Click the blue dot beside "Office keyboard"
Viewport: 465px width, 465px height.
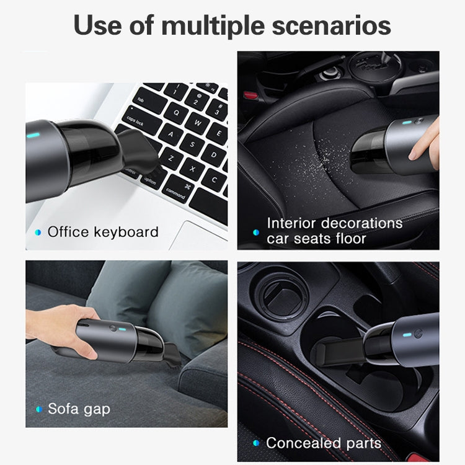[38, 232]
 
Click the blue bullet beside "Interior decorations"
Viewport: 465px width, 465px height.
[256, 232]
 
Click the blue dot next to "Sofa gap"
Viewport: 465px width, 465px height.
[38, 409]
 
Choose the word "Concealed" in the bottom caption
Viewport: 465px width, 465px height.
[300, 443]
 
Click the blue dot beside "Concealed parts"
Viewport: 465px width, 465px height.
[256, 443]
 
